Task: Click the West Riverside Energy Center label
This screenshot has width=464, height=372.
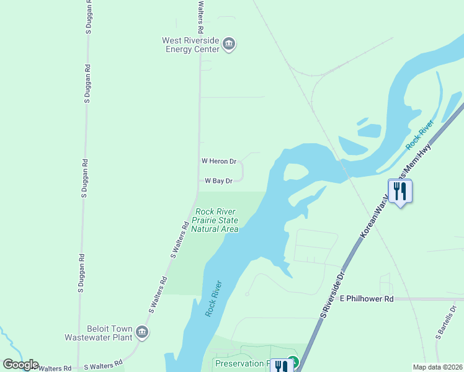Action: coord(190,45)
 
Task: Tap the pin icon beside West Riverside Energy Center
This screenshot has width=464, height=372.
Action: coord(229,45)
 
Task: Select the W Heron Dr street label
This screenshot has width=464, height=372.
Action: coord(219,161)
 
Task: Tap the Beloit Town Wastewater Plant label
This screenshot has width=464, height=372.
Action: coord(99,334)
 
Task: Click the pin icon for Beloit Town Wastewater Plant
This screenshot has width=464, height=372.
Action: coord(142,333)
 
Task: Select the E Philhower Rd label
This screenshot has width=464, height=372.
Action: coord(367,299)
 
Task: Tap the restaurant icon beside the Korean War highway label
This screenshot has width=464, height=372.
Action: coord(400,191)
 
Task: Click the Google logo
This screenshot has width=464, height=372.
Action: coord(20,365)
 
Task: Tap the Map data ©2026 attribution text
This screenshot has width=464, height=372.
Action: coord(437,367)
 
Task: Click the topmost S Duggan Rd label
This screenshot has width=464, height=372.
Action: coord(87,83)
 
